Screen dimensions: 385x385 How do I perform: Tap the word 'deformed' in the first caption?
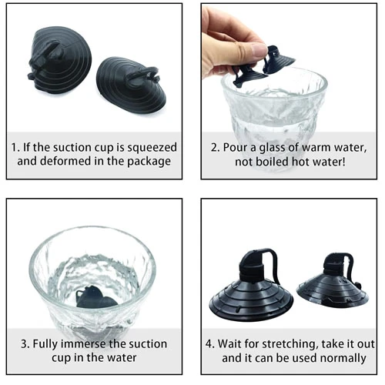65,161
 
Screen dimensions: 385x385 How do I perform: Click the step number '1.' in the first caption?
15,148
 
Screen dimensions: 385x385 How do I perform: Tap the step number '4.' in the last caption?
209,344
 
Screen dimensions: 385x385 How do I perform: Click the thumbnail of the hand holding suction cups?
289,91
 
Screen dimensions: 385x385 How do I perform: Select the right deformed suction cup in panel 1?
132,84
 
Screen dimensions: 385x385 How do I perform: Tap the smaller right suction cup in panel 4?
333,283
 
